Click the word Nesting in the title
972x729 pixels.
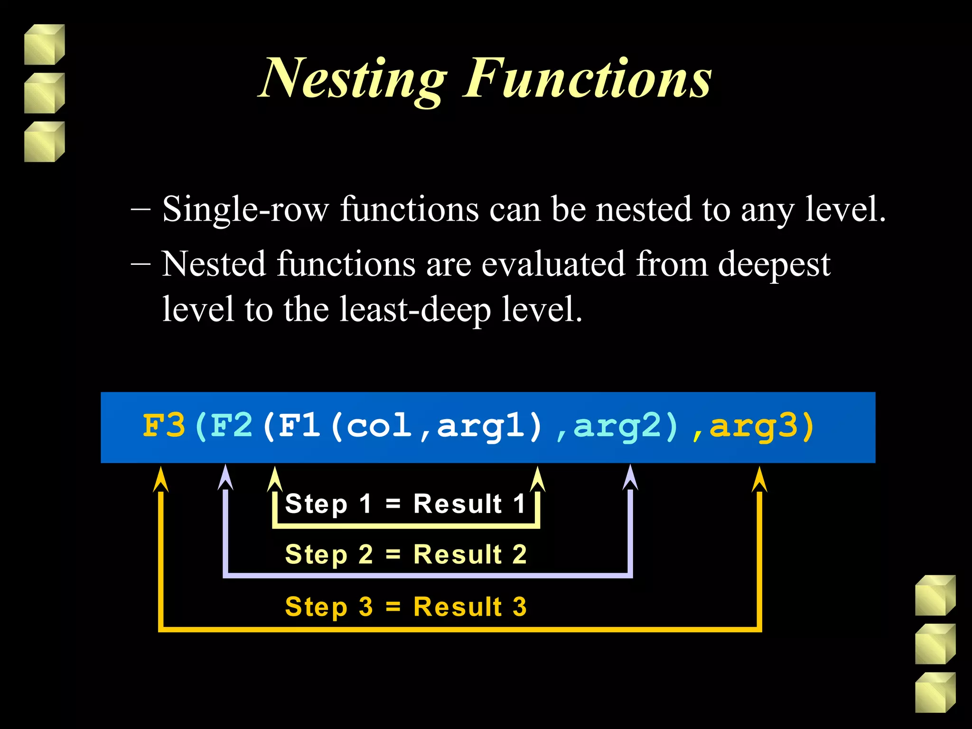point(354,78)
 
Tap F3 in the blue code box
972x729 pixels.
point(164,426)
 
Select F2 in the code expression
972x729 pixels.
point(232,426)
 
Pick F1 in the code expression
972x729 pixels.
point(299,426)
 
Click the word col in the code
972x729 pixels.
point(379,426)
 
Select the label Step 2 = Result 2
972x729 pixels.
point(406,554)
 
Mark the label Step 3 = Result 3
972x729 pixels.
point(406,607)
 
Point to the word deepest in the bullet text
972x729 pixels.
point(774,265)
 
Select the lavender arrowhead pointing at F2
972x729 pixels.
point(225,478)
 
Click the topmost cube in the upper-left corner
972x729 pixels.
point(44,45)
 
